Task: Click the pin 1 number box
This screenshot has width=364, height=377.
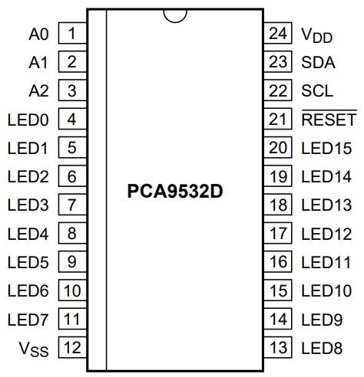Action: (x=71, y=34)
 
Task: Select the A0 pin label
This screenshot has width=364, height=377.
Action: (x=38, y=34)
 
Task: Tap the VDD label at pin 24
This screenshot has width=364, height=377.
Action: (x=317, y=34)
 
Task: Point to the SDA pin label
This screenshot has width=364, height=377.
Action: (x=318, y=63)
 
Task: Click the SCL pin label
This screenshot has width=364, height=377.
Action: (x=317, y=91)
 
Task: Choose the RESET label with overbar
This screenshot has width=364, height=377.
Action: (x=329, y=120)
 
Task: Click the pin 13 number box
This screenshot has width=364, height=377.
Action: (x=280, y=347)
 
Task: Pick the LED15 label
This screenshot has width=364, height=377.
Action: (x=326, y=148)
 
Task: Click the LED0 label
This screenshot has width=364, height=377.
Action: (x=28, y=120)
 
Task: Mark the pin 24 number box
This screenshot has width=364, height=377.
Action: (x=280, y=34)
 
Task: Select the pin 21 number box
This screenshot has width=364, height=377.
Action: (x=280, y=120)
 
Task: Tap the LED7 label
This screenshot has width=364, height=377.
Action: (x=28, y=319)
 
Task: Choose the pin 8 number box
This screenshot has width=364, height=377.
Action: (x=71, y=233)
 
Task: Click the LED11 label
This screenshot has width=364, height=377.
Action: (x=326, y=262)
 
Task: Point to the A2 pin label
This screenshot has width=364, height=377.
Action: (x=38, y=91)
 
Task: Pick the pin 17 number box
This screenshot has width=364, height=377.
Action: (x=280, y=233)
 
